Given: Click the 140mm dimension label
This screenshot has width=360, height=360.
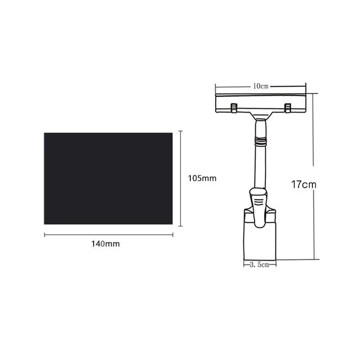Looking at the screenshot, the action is coord(106,243).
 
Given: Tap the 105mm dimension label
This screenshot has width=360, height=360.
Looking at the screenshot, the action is coord(202,178).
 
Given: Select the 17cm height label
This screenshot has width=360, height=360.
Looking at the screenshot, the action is coord(304,184).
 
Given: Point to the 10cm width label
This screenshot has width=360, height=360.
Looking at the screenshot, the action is coord(261,86).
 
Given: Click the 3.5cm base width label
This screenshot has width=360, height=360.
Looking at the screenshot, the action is coord(260,265).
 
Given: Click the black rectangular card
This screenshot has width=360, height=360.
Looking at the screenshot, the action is coord(108,178).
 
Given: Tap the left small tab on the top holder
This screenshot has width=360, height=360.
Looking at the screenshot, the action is coord(234,108).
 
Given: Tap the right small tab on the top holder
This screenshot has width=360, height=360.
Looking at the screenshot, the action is coord(288,108).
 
